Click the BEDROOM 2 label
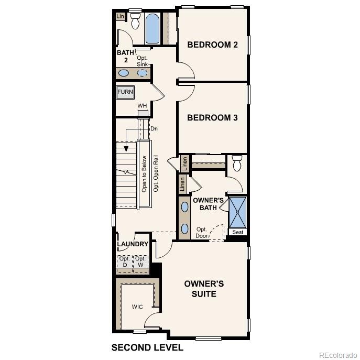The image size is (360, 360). [212, 45]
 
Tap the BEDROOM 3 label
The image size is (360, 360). [212, 118]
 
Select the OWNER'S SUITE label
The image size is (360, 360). [204, 289]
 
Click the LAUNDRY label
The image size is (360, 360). [133, 244]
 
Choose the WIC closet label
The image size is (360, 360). [137, 307]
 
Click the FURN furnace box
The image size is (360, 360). [125, 92]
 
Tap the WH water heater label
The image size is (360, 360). [142, 106]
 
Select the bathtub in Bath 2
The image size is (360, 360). [152, 29]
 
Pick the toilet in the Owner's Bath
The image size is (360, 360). [236, 163]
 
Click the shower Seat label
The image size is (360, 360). [237, 232]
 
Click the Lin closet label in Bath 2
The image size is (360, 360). [121, 17]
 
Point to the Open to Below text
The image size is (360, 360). [144, 173]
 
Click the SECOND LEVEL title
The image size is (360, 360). [147, 347]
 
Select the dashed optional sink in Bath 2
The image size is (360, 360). [143, 73]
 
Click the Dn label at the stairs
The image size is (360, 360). [154, 128]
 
